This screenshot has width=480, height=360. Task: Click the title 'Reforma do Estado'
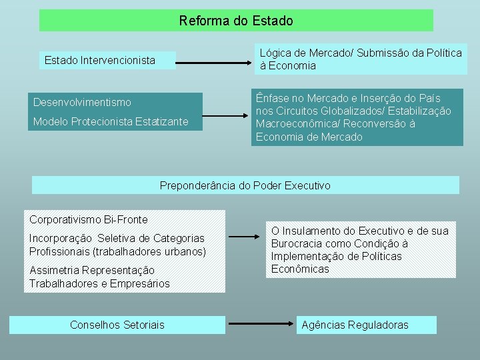[236, 21]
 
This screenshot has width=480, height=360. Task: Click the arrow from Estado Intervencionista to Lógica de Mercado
[216, 64]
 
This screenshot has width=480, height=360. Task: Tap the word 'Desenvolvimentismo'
[82, 102]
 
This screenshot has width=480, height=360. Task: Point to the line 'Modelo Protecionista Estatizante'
[111, 121]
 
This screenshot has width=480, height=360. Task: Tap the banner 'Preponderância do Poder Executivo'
[245, 185]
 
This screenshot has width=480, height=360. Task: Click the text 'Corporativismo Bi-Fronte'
[89, 219]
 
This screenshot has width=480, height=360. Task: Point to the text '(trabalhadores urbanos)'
[149, 251]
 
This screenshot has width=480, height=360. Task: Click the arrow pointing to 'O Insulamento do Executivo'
[246, 236]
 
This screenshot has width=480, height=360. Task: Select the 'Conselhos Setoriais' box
[117, 325]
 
